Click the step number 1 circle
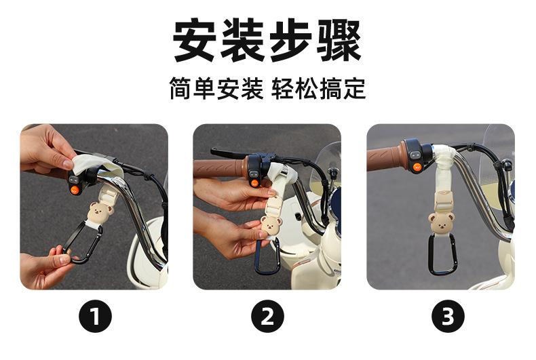coord(96,316)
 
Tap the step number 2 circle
coord(267,316)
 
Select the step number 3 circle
coord(448,316)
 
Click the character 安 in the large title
coord(195,40)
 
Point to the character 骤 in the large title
coord(339,40)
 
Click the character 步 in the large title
coord(291,40)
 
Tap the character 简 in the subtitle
coord(181,88)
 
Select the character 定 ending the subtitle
coord(354,88)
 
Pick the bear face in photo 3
coord(441,222)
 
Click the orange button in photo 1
coord(75,189)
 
